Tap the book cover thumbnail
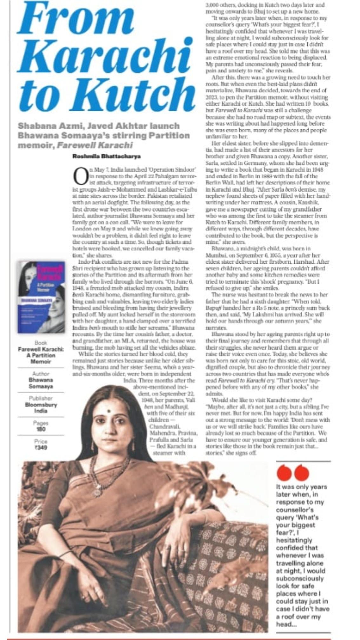[x=41, y=297]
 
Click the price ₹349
[x=41, y=448]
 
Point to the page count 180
[x=41, y=429]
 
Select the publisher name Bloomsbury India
[x=41, y=408]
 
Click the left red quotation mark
[x=284, y=473]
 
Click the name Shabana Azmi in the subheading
[x=42, y=126]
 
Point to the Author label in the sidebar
[x=41, y=374]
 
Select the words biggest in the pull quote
[x=303, y=525]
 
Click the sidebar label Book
[x=41, y=343]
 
